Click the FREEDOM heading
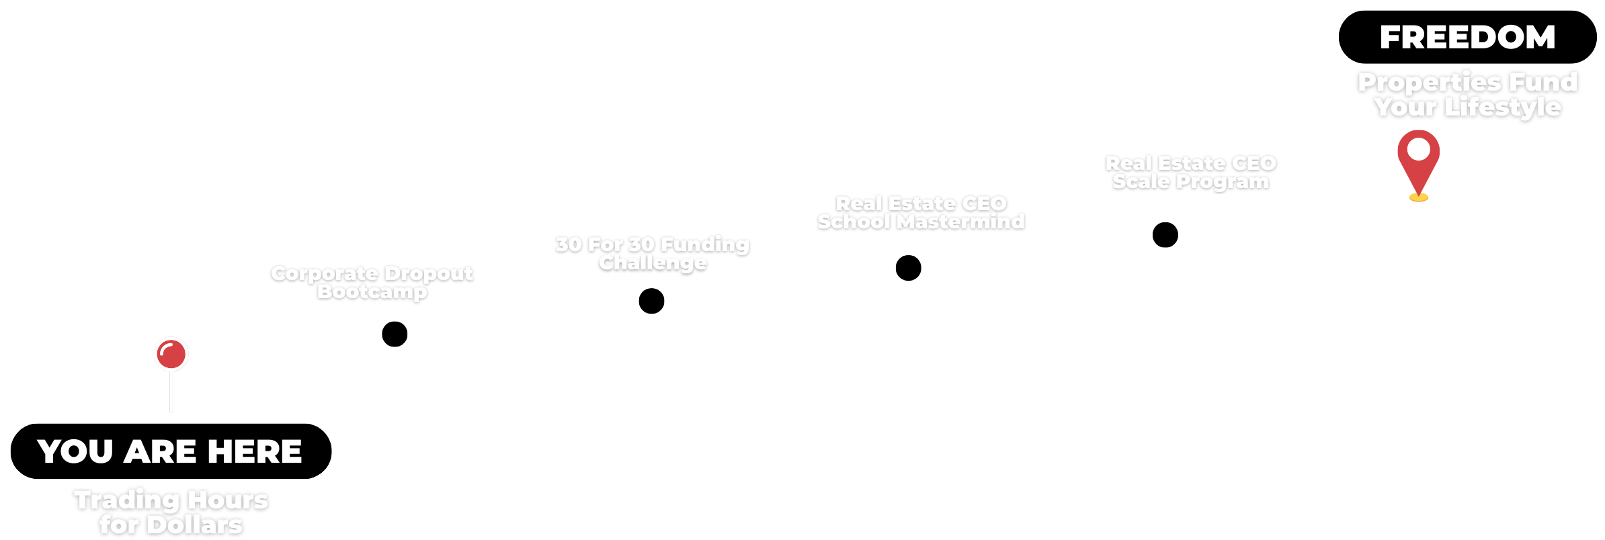1467,38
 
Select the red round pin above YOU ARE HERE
171,354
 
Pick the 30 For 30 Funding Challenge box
651,255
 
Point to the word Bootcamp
372,292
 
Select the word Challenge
653,263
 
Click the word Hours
228,500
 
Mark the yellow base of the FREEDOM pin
1418,197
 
